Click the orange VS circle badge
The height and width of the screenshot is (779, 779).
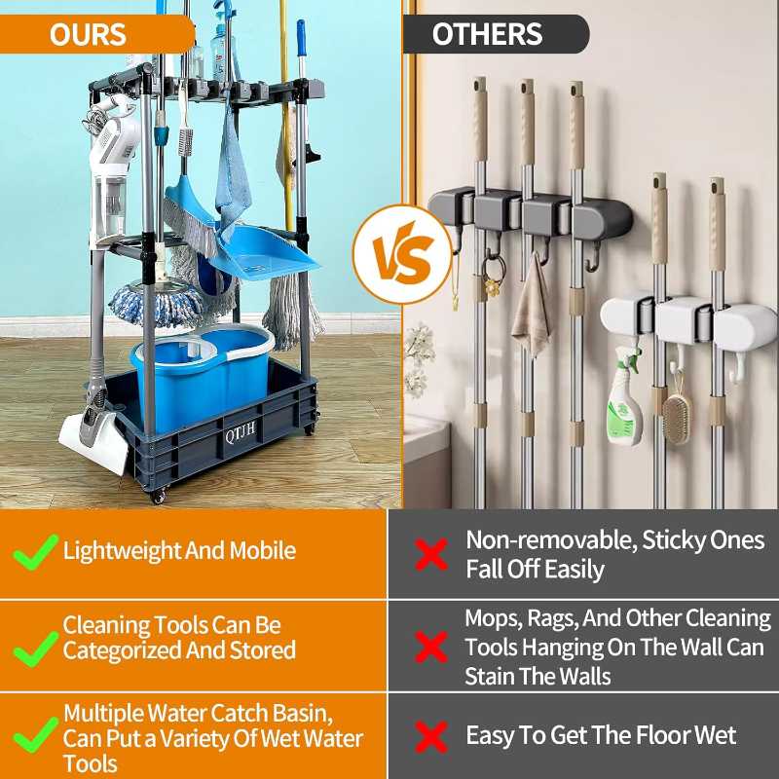point(401,254)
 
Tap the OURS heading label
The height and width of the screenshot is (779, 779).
point(88,34)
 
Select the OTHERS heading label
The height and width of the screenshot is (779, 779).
point(487,34)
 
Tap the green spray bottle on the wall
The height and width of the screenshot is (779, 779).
point(624,399)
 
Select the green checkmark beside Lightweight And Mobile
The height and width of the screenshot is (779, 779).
point(35,552)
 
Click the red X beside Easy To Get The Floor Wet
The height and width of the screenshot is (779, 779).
point(431,736)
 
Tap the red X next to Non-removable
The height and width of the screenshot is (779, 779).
point(431,554)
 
